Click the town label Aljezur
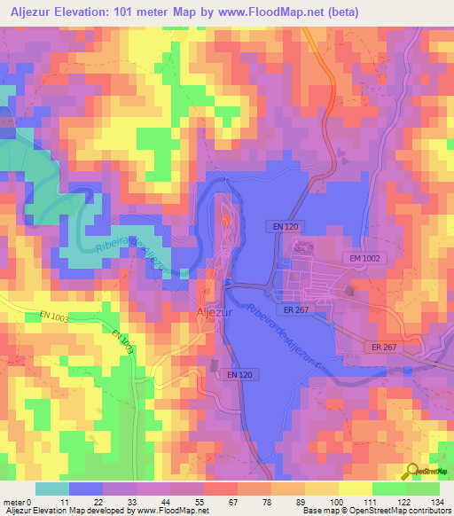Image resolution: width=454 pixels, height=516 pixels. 212,313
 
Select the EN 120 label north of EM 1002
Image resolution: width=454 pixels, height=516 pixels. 284,228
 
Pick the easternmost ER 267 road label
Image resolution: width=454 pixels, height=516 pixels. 383,347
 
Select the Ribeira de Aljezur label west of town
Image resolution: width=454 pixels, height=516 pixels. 124,254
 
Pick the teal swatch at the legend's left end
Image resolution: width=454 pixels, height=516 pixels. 51,489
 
